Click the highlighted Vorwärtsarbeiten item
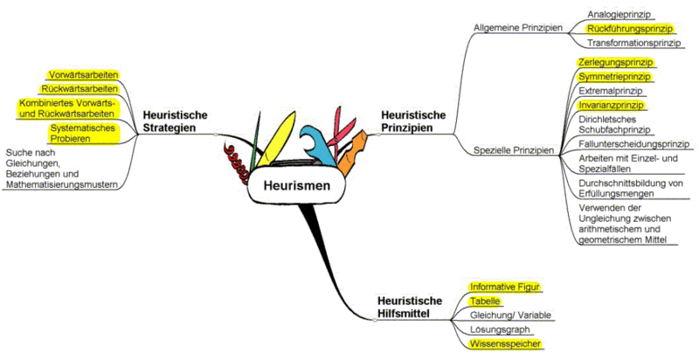85,74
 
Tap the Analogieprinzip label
619,15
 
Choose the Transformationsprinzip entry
633,43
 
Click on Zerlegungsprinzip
616,63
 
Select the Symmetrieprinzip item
615,77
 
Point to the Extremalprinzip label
611,91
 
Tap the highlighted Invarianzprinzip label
612,105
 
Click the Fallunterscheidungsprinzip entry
633,143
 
